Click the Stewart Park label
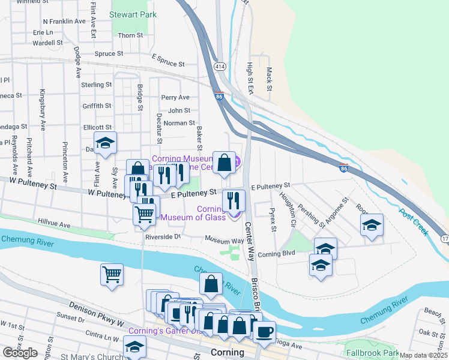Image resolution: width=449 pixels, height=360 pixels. point(128,13)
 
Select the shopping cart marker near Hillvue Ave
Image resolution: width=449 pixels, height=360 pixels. point(144,214)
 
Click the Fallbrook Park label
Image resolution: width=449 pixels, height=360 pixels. point(372,352)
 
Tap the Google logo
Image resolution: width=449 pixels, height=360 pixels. point(20,352)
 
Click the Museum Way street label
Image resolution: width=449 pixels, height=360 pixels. point(224,240)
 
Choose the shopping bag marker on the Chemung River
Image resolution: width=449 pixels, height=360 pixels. point(211,284)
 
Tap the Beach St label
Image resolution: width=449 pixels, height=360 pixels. point(433,311)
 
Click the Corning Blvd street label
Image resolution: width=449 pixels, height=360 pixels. point(276,253)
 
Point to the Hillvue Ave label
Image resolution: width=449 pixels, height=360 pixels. point(54,224)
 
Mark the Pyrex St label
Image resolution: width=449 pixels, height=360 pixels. point(273,220)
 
